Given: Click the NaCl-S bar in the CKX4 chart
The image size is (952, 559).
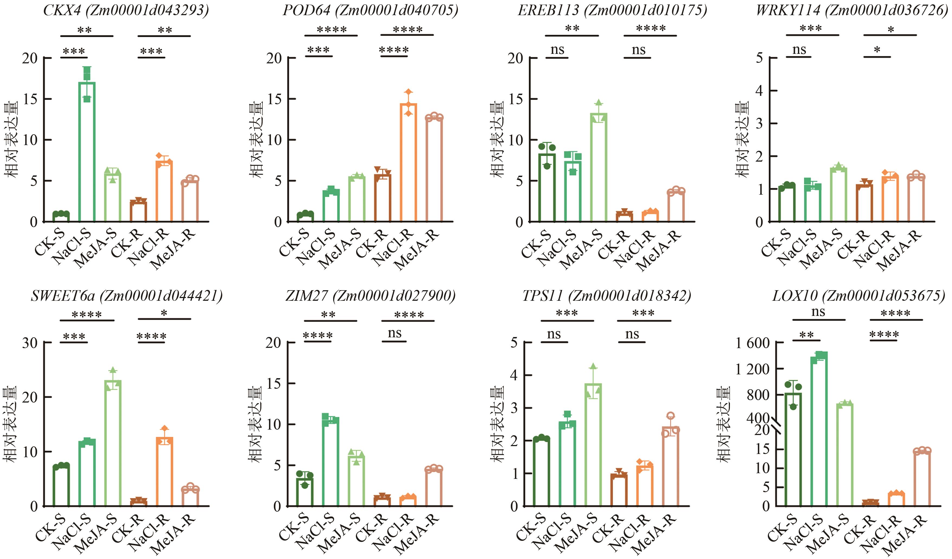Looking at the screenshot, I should (87, 151).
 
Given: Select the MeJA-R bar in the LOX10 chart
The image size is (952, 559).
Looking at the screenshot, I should (922, 478).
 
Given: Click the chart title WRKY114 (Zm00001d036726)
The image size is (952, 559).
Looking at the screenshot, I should (852, 10).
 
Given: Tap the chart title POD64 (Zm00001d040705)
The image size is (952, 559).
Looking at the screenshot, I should (370, 10).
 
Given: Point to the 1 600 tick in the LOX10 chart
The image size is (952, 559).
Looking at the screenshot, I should (752, 343).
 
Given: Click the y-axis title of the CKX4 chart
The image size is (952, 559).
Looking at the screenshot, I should (11, 140).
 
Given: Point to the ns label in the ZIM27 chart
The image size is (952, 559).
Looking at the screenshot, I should (394, 333).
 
